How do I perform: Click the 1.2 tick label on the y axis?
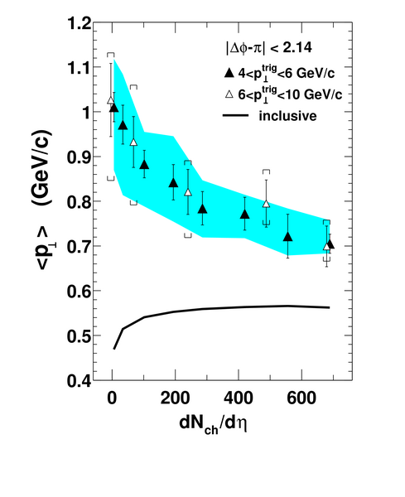click(80, 23)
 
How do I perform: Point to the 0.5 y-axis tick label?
click(80, 336)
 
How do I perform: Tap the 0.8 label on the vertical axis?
click(80, 202)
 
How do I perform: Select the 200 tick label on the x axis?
click(175, 398)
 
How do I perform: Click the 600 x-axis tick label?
click(301, 398)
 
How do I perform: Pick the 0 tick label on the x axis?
click(112, 398)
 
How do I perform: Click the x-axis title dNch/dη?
click(213, 424)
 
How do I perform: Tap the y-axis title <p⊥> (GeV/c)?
click(43, 200)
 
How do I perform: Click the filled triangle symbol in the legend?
click(229, 74)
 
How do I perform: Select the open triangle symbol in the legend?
click(230, 94)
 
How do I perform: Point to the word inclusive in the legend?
click(287, 116)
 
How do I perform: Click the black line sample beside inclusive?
click(236, 115)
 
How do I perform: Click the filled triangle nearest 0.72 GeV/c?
click(287, 236)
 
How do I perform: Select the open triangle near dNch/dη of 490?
click(267, 204)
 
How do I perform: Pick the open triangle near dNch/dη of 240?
click(188, 192)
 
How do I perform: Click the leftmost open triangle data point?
click(111, 100)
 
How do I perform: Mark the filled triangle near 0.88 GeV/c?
click(144, 165)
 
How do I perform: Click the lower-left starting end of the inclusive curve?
click(114, 349)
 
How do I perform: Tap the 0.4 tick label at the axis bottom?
click(80, 381)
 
